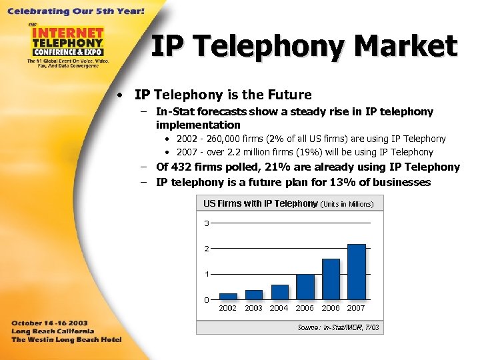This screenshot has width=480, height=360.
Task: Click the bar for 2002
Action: [x=228, y=296]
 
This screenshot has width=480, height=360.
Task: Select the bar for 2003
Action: [x=253, y=295]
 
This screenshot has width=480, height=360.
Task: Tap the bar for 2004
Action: [x=279, y=292]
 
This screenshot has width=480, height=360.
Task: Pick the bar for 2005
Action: [x=305, y=287]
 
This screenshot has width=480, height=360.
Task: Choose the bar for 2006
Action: [x=331, y=279]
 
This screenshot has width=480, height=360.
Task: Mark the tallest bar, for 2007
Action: [x=356, y=271]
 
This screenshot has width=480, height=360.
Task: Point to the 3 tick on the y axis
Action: [x=207, y=223]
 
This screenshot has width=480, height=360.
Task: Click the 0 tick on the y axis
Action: [x=207, y=299]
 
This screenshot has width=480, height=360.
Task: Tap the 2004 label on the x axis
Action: [x=279, y=308]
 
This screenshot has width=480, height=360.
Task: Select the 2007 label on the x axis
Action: [x=356, y=308]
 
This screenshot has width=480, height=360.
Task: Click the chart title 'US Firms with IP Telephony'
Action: [x=260, y=203]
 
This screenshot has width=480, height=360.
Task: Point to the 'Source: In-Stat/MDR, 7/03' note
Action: [x=338, y=327]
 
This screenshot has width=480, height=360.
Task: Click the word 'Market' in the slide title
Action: [x=406, y=47]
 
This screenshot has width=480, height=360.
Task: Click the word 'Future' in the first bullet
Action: [x=289, y=95]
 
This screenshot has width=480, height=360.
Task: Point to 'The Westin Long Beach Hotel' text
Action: [x=66, y=339]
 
